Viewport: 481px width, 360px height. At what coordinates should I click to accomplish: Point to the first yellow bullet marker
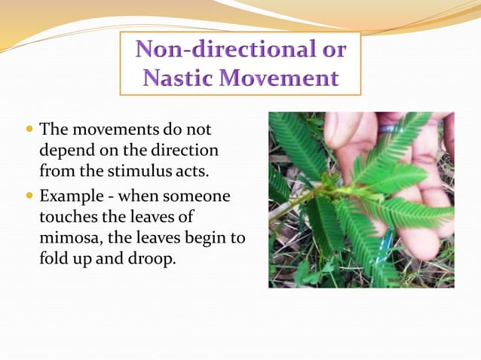pyautogui.click(x=29, y=130)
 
